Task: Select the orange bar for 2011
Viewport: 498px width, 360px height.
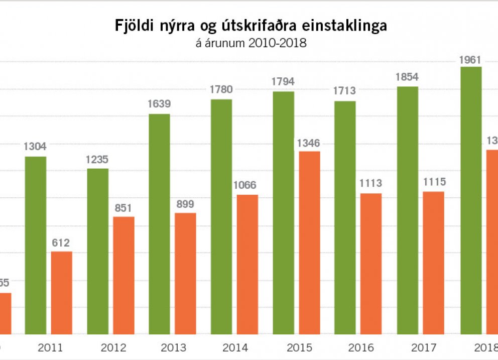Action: [x=62, y=292]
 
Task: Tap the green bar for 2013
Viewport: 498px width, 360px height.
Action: [x=159, y=223]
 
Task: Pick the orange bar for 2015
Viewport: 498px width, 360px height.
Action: [x=309, y=242]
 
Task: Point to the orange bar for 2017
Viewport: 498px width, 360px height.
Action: [x=434, y=262]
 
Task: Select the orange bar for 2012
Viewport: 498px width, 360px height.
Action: [x=123, y=275]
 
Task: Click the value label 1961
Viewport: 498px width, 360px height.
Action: [x=470, y=60]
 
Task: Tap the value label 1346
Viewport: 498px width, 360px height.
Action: [x=309, y=144]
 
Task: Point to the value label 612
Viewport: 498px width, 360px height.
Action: [x=62, y=244]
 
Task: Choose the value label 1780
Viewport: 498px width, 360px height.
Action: [x=221, y=90]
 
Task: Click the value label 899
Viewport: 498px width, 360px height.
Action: [x=185, y=204]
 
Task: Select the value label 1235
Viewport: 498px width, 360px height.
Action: [x=97, y=160]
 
